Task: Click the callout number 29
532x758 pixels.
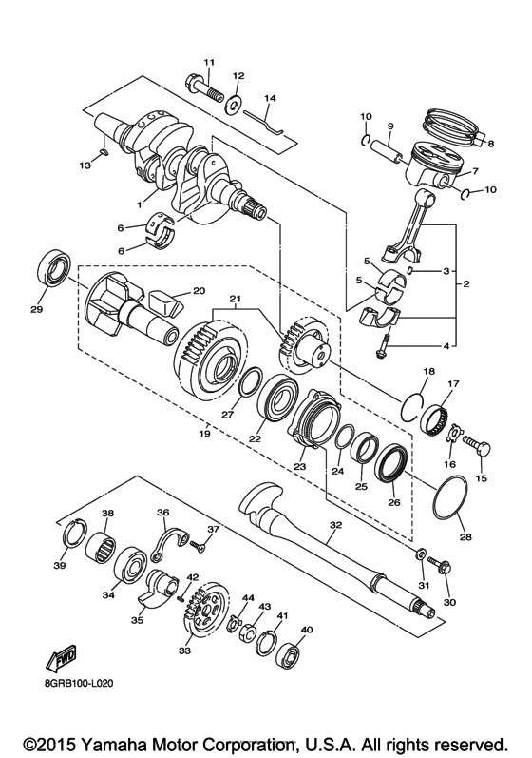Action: [37, 310]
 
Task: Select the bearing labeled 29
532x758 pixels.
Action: [53, 267]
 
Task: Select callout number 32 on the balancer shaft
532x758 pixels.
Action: [333, 524]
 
